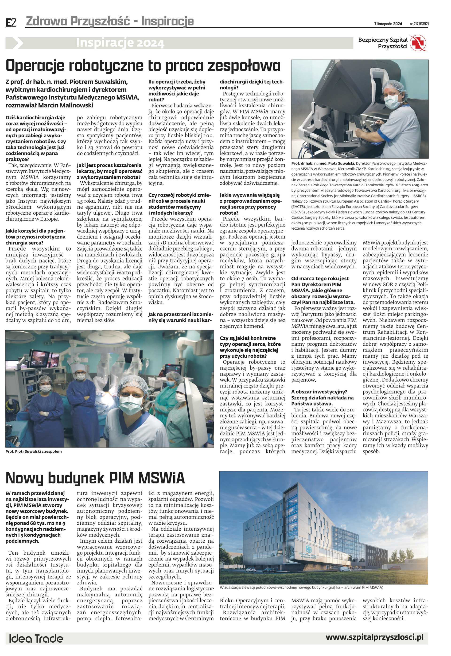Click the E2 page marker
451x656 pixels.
[11, 23]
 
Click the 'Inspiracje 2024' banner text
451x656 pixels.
[120, 43]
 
